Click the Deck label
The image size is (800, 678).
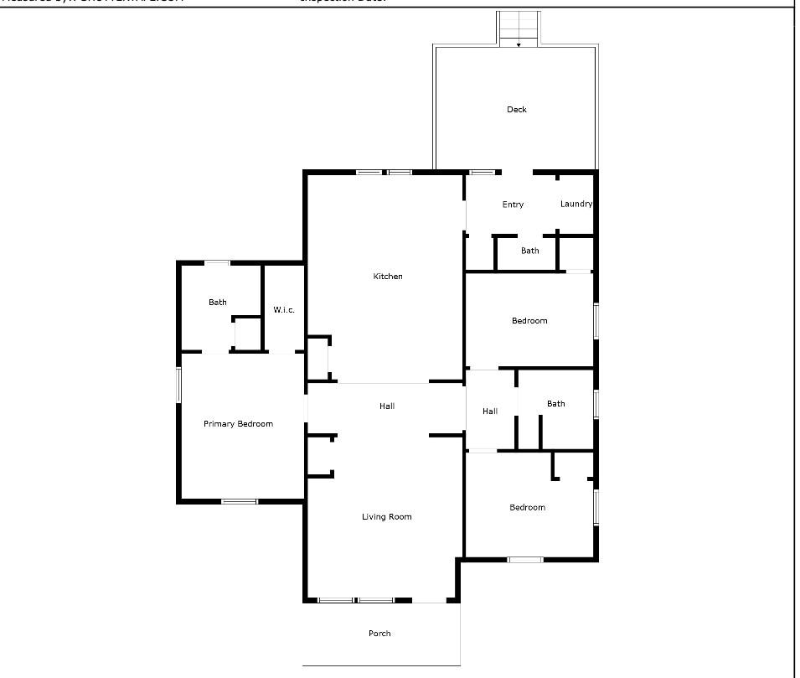[x=517, y=110]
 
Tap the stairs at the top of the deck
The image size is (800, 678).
[x=519, y=28]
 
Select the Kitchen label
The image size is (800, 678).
[x=388, y=277]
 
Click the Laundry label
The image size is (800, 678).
[x=575, y=204]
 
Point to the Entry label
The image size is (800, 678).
[x=513, y=204]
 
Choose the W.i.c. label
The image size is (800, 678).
[x=284, y=310]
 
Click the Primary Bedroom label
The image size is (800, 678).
[x=238, y=424]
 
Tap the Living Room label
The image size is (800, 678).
[x=387, y=517]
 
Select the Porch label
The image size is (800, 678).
[x=379, y=634]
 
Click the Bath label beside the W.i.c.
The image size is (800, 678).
[x=218, y=303]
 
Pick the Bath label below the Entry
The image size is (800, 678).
[x=530, y=251]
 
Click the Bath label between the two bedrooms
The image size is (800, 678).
[x=556, y=404]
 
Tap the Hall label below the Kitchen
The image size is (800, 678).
[x=386, y=406]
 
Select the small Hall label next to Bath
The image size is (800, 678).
[x=490, y=411]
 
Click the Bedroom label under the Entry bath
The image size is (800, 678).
[x=529, y=321]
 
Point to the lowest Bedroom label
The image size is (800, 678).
[x=528, y=508]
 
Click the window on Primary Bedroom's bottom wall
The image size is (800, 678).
[x=239, y=501]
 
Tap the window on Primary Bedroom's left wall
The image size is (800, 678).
[x=178, y=385]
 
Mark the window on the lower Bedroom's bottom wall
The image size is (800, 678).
[x=525, y=559]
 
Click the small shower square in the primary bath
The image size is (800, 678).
[x=245, y=334]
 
